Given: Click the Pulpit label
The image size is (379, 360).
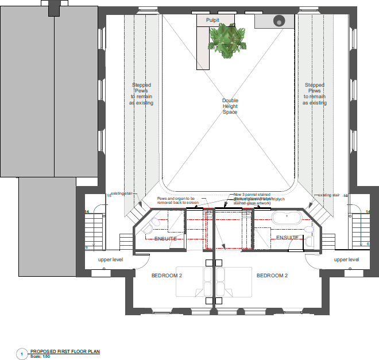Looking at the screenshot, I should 213,20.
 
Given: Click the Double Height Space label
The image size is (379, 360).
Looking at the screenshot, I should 230,106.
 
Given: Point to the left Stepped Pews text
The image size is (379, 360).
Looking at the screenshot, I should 141,94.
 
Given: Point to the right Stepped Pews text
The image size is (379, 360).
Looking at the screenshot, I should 315,94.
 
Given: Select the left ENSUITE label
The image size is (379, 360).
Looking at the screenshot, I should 165,238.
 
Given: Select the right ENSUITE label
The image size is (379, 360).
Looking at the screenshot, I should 287,237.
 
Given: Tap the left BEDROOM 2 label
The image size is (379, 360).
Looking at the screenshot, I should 167,276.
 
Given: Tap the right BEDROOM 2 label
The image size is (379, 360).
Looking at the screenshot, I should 272,276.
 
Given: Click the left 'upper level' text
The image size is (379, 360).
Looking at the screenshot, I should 110,260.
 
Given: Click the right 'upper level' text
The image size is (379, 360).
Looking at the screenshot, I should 346,260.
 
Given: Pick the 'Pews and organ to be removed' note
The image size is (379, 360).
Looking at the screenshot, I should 180,200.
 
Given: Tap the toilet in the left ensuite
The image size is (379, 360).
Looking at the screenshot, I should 154,222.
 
